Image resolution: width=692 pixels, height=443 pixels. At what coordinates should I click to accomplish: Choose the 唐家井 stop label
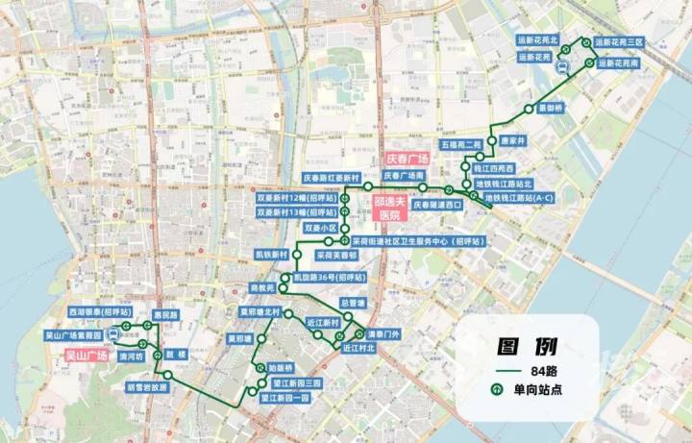[513, 140]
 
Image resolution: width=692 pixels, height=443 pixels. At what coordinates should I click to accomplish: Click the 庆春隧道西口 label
[437, 205]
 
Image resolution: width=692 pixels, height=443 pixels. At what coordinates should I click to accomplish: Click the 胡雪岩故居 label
[146, 388]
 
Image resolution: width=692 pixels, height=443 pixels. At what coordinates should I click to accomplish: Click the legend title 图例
[525, 346]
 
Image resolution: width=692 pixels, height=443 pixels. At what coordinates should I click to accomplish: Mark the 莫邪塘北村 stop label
[259, 311]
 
